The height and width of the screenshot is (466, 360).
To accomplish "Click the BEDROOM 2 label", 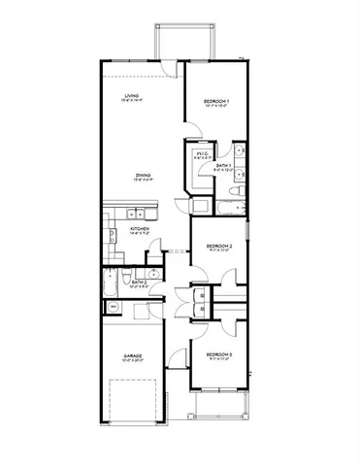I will [219, 247].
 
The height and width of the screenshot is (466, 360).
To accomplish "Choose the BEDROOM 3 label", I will [218, 353].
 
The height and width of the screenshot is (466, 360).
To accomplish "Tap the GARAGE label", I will [133, 356].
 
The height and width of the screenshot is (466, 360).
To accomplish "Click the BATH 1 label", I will [223, 166].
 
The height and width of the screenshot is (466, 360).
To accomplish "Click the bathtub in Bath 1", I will [231, 206].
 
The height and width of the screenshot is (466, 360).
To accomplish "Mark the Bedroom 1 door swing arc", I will [190, 131].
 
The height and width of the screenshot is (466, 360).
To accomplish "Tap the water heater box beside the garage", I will [112, 307].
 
